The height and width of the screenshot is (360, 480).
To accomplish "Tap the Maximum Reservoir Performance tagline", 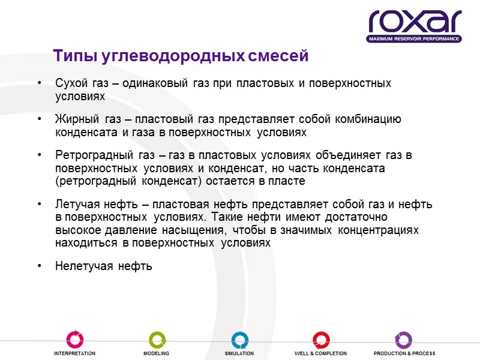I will (x=414, y=39).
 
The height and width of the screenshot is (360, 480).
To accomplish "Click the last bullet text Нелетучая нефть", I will (x=103, y=266).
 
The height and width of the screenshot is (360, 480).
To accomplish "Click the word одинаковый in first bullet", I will (x=155, y=83).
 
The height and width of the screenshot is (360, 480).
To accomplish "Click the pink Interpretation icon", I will (x=75, y=340).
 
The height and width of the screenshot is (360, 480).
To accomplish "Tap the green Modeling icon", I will (x=157, y=340).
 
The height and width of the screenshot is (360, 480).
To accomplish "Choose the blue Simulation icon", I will (x=239, y=340).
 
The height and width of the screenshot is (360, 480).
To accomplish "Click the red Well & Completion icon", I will (x=320, y=340).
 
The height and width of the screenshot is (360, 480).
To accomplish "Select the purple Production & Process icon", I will (x=403, y=340).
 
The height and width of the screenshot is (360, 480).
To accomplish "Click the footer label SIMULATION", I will (x=239, y=354).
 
